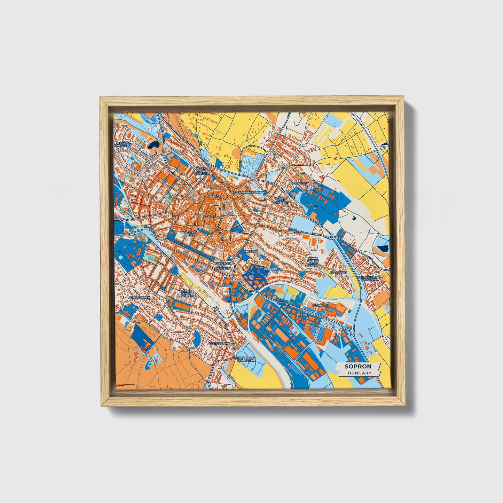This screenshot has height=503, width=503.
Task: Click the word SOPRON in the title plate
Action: tap(358, 366)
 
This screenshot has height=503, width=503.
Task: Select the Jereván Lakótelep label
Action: tap(124, 144)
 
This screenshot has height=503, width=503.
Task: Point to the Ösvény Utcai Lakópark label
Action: tap(203, 171)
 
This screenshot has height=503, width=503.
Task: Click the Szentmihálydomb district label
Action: tap(247, 192)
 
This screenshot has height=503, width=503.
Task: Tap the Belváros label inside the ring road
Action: tap(207, 217)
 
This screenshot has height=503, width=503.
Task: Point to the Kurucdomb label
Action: tap(274, 269)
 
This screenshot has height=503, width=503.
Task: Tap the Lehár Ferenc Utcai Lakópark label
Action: tap(313, 262)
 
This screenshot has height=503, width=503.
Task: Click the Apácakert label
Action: tap(338, 273)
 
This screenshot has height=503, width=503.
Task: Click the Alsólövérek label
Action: tap(139, 297)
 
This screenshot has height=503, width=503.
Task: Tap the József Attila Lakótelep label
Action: tap(186, 293)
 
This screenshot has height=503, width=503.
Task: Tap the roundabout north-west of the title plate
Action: tap(353, 333)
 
